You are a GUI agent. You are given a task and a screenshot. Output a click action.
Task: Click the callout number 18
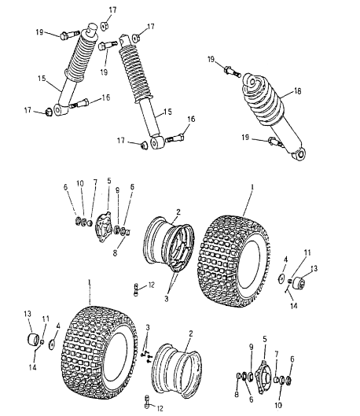point(297,91)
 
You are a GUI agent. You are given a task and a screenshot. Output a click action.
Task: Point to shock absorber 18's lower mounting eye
point(299,154)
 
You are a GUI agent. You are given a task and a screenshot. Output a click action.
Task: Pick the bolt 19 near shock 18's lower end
point(274,141)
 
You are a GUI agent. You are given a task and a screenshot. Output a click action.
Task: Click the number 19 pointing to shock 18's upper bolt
point(211,59)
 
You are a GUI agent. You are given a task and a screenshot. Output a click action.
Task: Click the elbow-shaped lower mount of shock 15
point(61,110)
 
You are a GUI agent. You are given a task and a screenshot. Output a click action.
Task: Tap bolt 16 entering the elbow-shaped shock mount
point(79,104)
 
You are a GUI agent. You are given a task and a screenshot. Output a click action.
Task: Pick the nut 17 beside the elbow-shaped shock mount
point(49,112)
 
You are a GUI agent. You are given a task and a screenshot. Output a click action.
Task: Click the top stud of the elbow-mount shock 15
point(92,28)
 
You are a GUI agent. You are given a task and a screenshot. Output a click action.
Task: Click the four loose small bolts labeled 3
point(145,356)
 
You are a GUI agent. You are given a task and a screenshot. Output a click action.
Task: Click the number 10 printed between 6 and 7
point(80,183)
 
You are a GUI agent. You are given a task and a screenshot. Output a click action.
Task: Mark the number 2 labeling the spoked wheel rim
point(178,212)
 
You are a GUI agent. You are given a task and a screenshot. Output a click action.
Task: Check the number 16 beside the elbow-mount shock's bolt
point(106,98)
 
